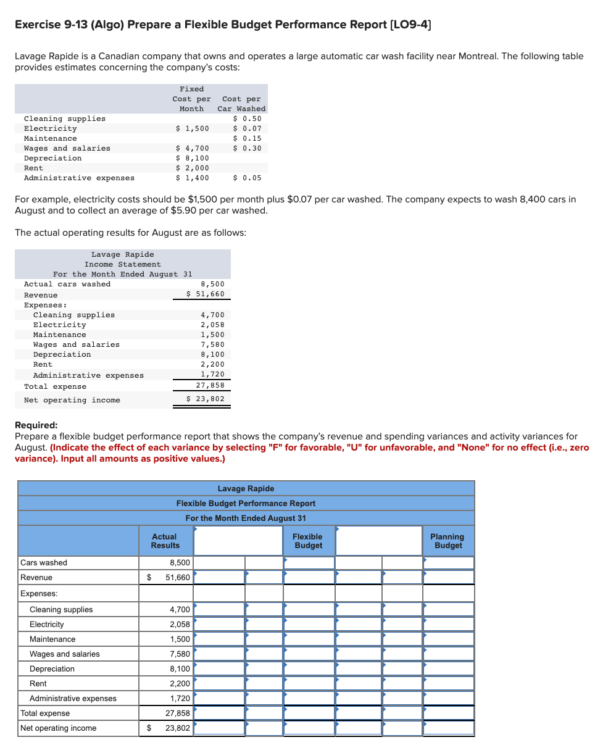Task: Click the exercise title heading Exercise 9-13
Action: point(222,25)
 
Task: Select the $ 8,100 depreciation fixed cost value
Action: point(193,158)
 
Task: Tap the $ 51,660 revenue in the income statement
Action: point(206,294)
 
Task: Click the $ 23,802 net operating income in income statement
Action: point(206,399)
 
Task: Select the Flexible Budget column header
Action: point(308,541)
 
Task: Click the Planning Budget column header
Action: point(447,541)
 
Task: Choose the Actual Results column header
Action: point(165,541)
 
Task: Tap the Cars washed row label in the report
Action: point(44,563)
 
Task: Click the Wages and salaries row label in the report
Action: point(64,654)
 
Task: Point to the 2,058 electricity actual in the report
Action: point(180,625)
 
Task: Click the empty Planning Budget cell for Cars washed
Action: point(448,563)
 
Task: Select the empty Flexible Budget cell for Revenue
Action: point(309,578)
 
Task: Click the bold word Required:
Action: point(36,425)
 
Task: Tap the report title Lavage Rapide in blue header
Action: point(246,489)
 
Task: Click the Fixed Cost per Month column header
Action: point(191,99)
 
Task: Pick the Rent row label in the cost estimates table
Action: point(33,168)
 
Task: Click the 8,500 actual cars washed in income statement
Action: point(212,284)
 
